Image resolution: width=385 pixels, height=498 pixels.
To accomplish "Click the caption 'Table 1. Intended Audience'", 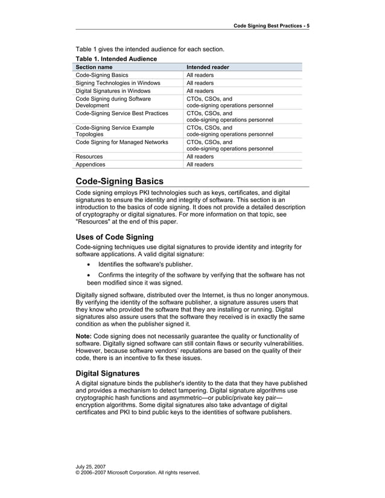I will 116,58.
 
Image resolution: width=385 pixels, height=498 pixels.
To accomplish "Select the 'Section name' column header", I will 94,67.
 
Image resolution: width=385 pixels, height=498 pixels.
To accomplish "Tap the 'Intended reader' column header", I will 208,67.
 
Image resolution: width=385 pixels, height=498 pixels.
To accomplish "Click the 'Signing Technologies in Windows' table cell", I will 118,83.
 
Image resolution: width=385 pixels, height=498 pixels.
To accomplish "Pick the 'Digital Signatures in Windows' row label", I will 113,91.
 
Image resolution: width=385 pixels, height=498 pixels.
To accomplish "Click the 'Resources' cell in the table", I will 89,156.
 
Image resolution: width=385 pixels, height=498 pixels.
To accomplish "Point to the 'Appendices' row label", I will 90,164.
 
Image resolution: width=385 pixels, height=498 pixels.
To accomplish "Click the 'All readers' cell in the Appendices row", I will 200,164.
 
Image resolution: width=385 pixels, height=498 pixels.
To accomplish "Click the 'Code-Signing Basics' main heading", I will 119,181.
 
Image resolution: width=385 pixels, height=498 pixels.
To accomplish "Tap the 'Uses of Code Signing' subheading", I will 114,237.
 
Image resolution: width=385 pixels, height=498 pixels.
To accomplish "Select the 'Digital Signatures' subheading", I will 107,373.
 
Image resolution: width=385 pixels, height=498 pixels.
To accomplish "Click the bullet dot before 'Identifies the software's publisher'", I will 89,265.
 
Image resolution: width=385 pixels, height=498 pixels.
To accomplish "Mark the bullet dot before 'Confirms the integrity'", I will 89,275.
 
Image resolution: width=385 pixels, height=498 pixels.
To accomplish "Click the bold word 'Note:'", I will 84,336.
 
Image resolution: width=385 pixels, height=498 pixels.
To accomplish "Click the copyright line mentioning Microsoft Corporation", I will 138,473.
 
